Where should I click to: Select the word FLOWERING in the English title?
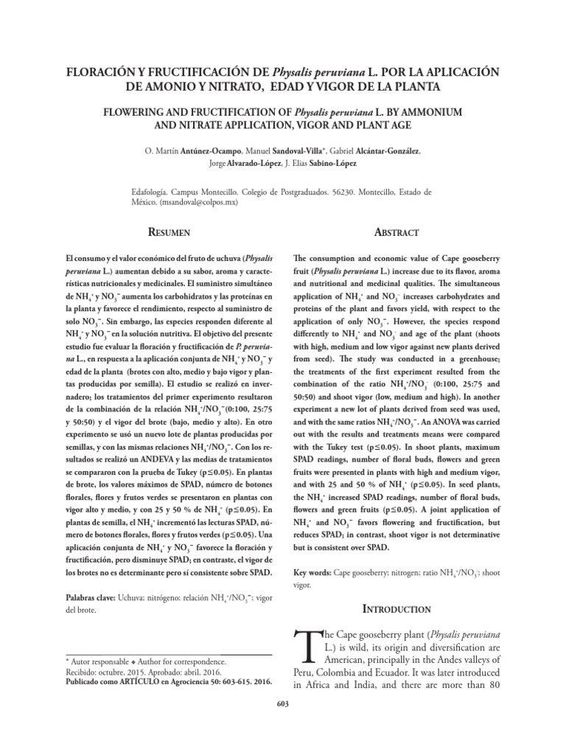tap(136, 111)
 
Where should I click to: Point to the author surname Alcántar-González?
tap(386, 151)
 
